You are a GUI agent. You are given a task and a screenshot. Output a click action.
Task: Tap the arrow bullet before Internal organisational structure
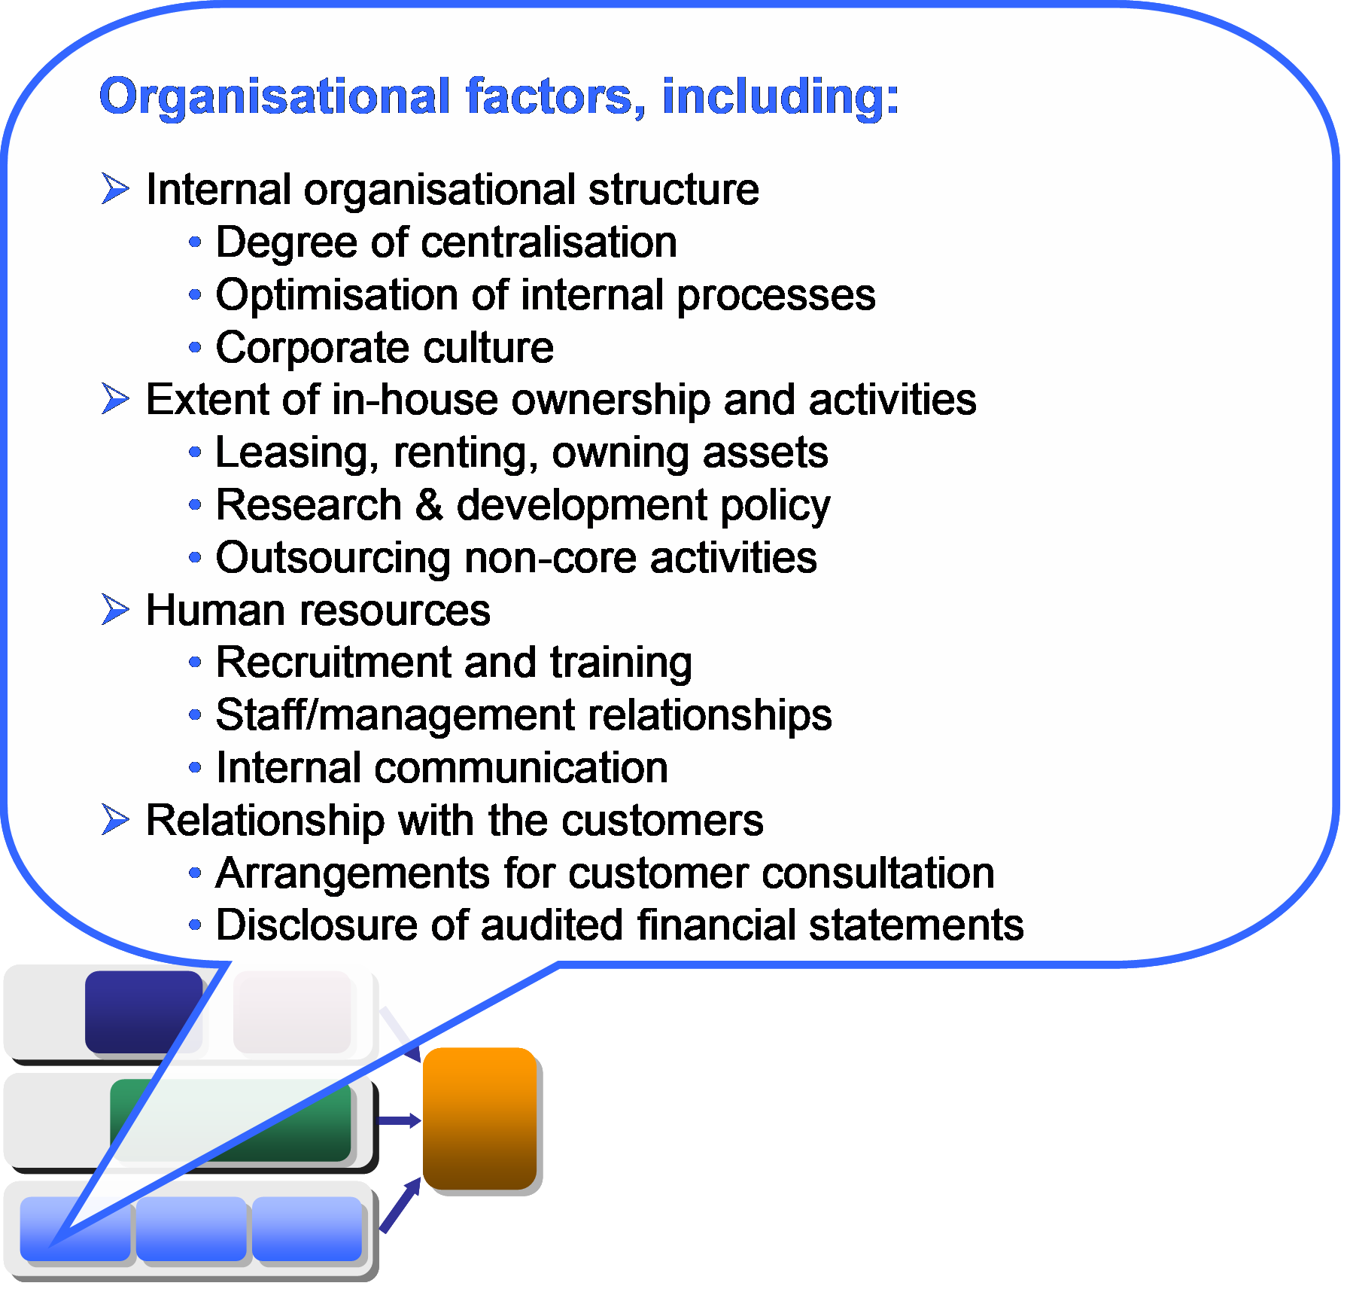coord(116,188)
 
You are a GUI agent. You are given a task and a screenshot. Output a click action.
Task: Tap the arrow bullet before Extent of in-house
coord(116,399)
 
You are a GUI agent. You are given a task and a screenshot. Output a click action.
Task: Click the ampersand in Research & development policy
coord(429,504)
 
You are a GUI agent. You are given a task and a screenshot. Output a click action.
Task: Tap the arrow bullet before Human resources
coord(116,610)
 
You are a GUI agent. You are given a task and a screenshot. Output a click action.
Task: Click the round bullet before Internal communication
coord(195,768)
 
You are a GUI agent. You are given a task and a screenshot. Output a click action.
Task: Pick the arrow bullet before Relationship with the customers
coord(116,820)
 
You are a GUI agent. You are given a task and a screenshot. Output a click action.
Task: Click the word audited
coord(552,925)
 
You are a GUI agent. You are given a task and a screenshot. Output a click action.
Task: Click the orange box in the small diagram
coord(480,1118)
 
